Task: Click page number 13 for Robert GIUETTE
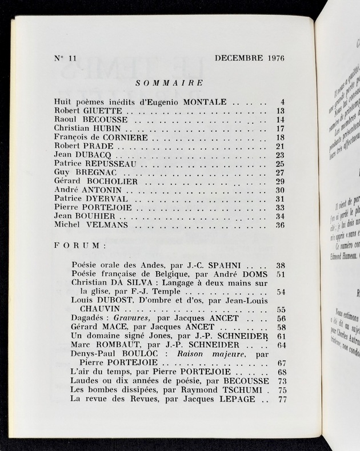coord(280,111)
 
